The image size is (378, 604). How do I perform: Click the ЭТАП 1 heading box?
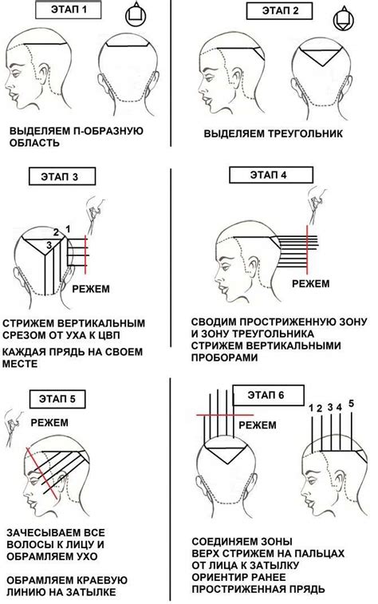pos(68,10)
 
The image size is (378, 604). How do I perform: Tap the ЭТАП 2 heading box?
pos(279,10)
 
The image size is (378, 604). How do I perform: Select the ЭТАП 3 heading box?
pos(61,176)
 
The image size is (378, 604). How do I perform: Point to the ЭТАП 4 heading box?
pos(271,175)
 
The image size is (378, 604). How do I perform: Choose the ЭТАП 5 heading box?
pos(57,399)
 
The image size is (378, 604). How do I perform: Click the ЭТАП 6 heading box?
pos(268,395)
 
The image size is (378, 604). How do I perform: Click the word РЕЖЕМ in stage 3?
pos(91,289)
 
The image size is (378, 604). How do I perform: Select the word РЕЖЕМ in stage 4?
pos(311,284)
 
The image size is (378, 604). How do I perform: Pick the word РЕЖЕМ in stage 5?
pos(49,423)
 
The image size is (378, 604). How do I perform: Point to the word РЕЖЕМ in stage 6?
pos(258,425)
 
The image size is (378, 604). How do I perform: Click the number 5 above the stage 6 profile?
pos(351,404)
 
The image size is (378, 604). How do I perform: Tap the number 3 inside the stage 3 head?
pos(49,245)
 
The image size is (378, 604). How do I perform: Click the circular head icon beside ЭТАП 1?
pos(136,14)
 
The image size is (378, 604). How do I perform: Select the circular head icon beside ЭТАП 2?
pos(343,18)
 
